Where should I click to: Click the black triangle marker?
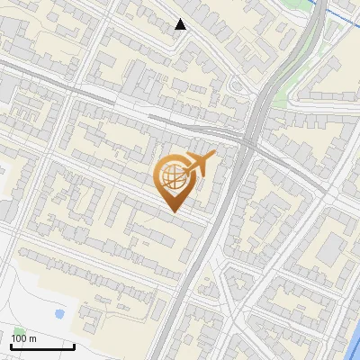pos(181,24)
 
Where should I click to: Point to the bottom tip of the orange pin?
pos(173,211)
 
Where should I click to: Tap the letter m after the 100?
pos(33,338)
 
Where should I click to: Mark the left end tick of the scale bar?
pos(11,346)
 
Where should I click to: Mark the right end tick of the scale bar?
pos(74,346)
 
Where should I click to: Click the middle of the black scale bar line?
pos(42,346)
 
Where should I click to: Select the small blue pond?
pos(59,314)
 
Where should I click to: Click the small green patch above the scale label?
pos(19,329)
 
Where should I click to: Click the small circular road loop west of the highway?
pos(238,86)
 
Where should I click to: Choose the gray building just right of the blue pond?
pos(89,314)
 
